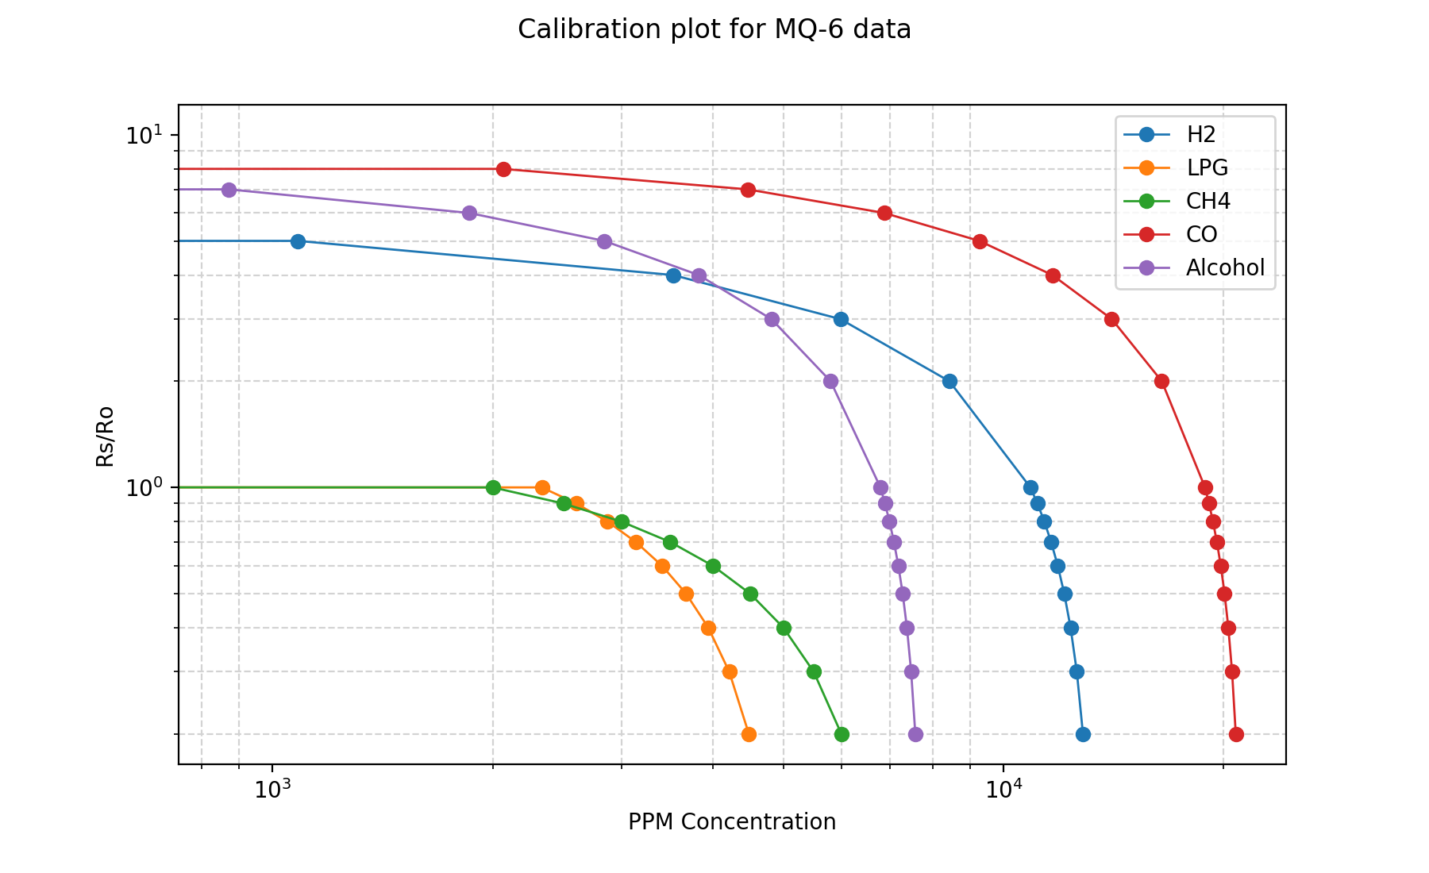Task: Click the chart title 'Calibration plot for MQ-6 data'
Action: click(714, 29)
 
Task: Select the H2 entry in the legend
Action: click(1200, 135)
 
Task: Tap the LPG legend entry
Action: click(1207, 168)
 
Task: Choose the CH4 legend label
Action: click(1208, 202)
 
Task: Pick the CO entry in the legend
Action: click(1201, 235)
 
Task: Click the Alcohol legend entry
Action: click(1225, 268)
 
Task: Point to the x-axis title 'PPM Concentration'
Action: click(732, 822)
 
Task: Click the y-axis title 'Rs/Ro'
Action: click(105, 436)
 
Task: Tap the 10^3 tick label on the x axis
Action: click(272, 790)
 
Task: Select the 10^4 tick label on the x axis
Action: click(1003, 790)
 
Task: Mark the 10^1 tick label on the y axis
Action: click(143, 134)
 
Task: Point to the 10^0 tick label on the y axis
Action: click(143, 487)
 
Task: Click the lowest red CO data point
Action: click(1236, 734)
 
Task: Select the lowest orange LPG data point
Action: click(749, 734)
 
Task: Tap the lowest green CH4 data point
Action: click(842, 734)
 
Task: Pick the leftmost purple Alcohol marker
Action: click(229, 190)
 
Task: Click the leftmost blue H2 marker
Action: click(298, 241)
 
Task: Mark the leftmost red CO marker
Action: click(503, 169)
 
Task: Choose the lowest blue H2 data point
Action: click(1083, 734)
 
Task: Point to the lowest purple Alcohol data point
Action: click(915, 734)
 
